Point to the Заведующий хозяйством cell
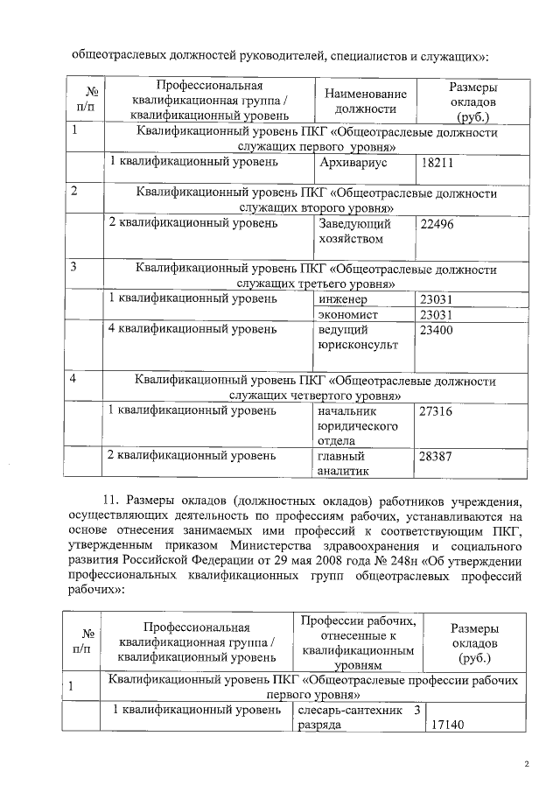coord(354,231)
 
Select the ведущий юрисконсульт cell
coord(358,338)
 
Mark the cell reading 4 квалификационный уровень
coord(192,331)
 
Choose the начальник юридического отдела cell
coord(358,425)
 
